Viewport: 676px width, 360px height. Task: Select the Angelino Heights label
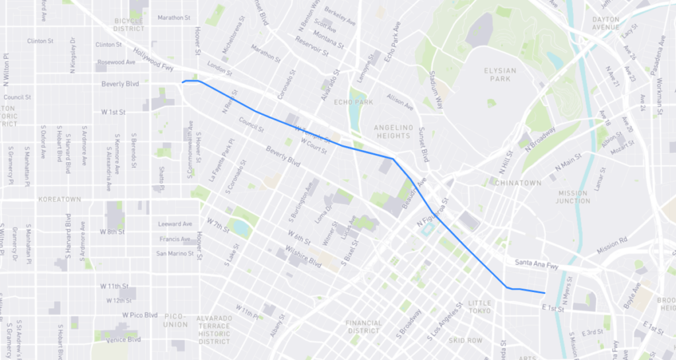(x=393, y=131)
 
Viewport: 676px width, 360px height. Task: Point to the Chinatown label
(x=518, y=182)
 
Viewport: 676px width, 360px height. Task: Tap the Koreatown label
(x=59, y=199)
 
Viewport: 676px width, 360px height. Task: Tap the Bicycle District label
(x=129, y=24)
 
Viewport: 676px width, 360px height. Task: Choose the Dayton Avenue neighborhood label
(x=606, y=24)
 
